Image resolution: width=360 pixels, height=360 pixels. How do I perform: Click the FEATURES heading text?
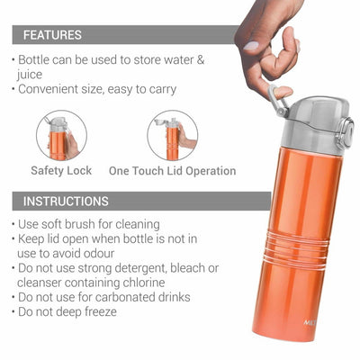pos(52,35)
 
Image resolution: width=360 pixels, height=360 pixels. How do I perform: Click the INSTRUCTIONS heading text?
pos(66,201)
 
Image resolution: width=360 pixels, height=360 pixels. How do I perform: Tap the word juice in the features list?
pos(30,75)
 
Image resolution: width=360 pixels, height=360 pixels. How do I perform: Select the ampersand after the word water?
pos(201,59)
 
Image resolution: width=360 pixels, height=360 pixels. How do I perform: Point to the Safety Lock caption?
pos(61,171)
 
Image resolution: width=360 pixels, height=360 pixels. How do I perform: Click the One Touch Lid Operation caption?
pos(172,171)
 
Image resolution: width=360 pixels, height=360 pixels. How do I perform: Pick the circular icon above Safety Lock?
pos(61,136)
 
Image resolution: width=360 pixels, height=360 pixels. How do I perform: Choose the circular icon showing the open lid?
pos(173,136)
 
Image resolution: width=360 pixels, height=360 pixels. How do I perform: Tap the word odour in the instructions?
pos(99,254)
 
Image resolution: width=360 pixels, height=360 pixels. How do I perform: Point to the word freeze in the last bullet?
pos(101,311)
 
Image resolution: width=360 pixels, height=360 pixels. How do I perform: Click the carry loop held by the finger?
pos(278,101)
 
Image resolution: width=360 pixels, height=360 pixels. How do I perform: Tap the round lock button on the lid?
pos(347,132)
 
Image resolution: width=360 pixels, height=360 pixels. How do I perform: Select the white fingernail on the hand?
pos(251,46)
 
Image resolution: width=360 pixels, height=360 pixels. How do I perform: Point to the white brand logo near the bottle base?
pos(309,323)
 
